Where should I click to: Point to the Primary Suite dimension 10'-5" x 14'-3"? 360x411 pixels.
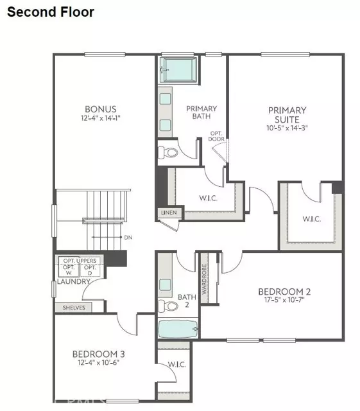coord(287,127)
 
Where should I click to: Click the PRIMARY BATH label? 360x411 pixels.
coord(201,113)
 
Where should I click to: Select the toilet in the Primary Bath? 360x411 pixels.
coord(167,153)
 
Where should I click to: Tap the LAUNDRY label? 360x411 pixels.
coord(69,281)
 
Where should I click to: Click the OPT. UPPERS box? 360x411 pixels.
coord(78,260)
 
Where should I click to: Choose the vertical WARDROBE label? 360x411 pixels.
coord(204,279)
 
